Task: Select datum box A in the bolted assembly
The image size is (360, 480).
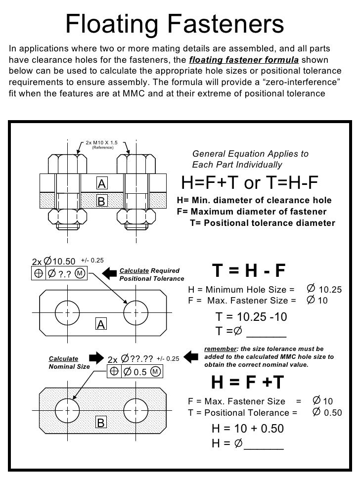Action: coord(102,184)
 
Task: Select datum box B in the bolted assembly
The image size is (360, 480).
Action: coord(102,201)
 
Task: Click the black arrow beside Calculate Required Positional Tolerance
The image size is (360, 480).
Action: coord(110,272)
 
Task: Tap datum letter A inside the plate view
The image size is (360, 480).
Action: coord(101,324)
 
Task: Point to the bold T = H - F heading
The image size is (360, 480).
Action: coord(249,270)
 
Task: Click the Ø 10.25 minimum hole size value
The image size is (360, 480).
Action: coord(324,289)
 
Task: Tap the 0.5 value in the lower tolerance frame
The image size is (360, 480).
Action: coord(140,372)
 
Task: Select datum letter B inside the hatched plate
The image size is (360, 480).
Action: coord(101,423)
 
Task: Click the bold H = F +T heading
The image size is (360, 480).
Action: coord(248,382)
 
